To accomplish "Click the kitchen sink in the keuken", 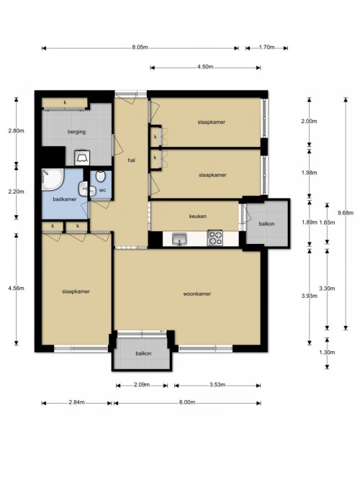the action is coord(179,239).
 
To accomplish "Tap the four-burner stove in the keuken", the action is coord(215,238).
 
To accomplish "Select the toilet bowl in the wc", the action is coord(100,176).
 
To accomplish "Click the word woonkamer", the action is coord(197,294).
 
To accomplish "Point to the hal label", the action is coord(132,160).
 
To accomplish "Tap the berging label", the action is coord(76,132).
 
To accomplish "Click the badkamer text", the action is coord(65,199).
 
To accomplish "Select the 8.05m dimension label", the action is coord(140,47).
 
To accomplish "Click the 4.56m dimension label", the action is coord(17,288).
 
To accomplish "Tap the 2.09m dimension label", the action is coord(142,384).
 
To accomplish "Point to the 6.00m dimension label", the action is coord(187,402).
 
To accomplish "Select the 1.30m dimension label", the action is coord(327,353).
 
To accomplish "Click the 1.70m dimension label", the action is coord(266,47).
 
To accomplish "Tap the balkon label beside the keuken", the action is coord(266,224).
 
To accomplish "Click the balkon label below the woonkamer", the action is coord(143,353).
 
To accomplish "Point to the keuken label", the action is coord(197,216).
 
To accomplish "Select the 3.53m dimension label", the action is coord(217,384).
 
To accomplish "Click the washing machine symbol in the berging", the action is coord(82,158).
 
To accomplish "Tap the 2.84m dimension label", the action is coord(76,402).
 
